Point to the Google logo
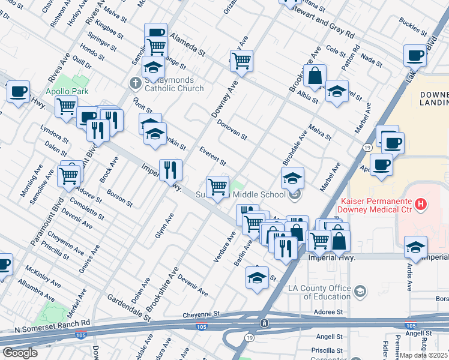(x=20, y=353)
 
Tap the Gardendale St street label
(x=128, y=307)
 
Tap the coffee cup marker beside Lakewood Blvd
(x=415, y=56)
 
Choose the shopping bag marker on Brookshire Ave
(x=314, y=77)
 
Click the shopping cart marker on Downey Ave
(x=241, y=61)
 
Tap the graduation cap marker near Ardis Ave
(x=415, y=247)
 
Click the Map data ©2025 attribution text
(x=423, y=354)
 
